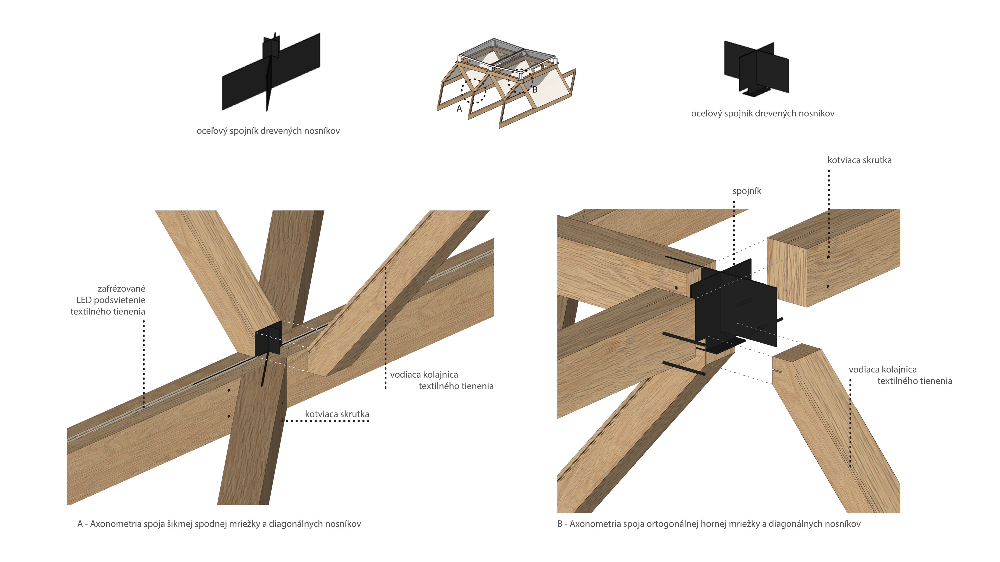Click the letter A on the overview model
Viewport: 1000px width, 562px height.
click(459, 109)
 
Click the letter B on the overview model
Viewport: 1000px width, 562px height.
click(535, 90)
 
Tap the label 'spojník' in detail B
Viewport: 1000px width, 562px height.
click(747, 191)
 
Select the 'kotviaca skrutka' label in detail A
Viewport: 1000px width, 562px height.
click(337, 414)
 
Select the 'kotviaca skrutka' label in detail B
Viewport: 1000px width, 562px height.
click(859, 160)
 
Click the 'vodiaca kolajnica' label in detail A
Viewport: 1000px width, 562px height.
click(424, 375)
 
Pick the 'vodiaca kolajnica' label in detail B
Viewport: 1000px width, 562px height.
click(882, 370)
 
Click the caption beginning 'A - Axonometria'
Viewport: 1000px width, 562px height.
click(219, 524)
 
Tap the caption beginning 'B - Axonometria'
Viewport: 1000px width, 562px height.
click(709, 524)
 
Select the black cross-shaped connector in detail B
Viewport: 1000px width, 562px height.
click(734, 306)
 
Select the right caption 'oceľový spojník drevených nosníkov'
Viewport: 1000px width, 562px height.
click(762, 114)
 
